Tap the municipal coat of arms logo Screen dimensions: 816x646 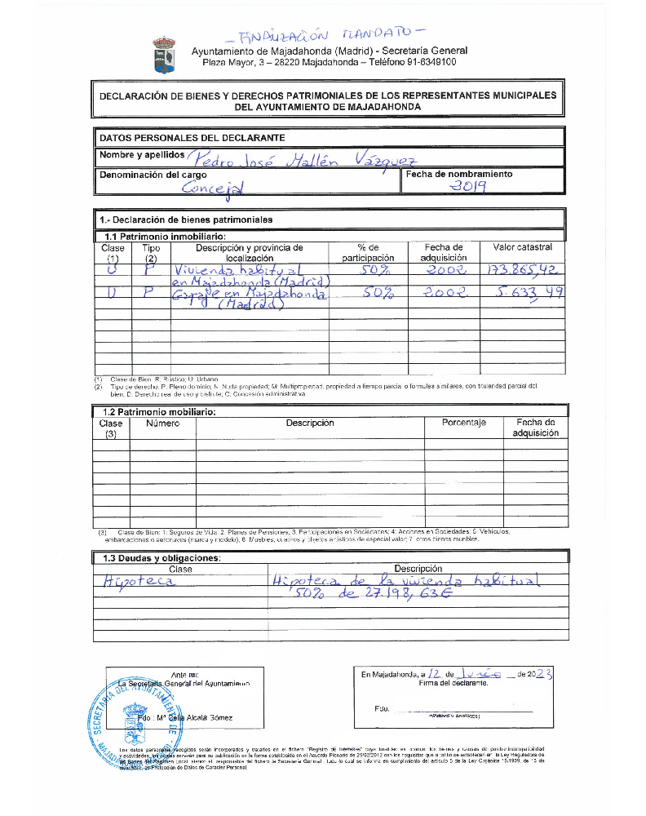click(163, 54)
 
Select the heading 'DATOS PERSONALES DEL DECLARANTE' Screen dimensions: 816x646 click(192, 138)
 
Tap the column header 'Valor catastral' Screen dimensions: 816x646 click(522, 247)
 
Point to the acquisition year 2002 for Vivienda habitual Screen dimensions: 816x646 click(445, 270)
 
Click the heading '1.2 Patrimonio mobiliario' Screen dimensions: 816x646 click(160, 412)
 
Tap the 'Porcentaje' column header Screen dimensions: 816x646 click(463, 423)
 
